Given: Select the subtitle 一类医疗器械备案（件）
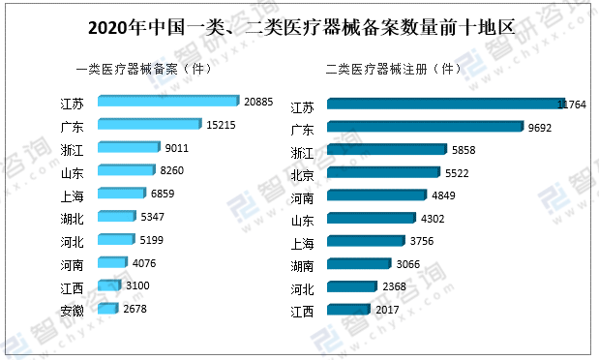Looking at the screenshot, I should pyautogui.click(x=143, y=70).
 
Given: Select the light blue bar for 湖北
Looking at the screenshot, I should pyautogui.click(x=116, y=217).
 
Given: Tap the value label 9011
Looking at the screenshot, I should pyautogui.click(x=178, y=148).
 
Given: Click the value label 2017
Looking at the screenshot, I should pyautogui.click(x=388, y=310).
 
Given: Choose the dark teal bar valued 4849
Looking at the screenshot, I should pyautogui.click(x=374, y=195).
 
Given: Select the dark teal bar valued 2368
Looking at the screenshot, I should pyautogui.click(x=352, y=287).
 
